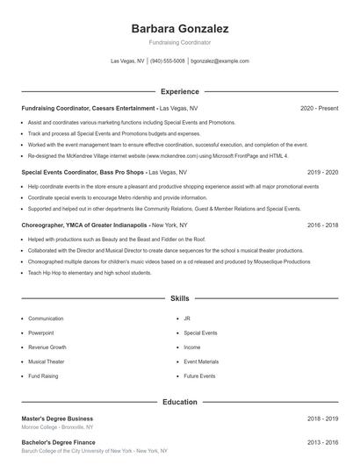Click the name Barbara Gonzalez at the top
pyautogui.click(x=179, y=28)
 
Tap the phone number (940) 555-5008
pyautogui.click(x=167, y=61)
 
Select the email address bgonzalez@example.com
pyautogui.click(x=220, y=61)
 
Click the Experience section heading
pyautogui.click(x=179, y=91)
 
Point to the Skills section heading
pyautogui.click(x=179, y=298)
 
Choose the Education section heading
pyautogui.click(x=179, y=402)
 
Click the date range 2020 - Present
pyautogui.click(x=319, y=108)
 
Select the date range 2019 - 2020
pyautogui.click(x=322, y=173)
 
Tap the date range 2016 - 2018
pyautogui.click(x=322, y=225)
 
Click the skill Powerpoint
pyautogui.click(x=41, y=333)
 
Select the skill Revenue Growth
pyautogui.click(x=47, y=347)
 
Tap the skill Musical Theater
pyautogui.click(x=47, y=361)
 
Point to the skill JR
pyautogui.click(x=187, y=318)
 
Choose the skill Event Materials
pyautogui.click(x=201, y=361)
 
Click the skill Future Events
pyautogui.click(x=199, y=376)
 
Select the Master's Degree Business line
pyautogui.click(x=57, y=418)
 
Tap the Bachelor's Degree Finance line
pyautogui.click(x=58, y=443)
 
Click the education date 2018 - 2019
pyautogui.click(x=322, y=418)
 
